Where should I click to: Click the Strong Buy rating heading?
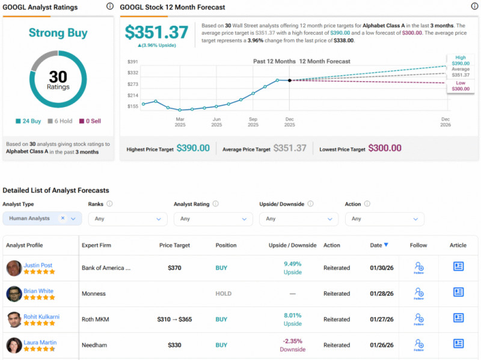pos(58,34)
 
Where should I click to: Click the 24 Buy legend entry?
pos(28,121)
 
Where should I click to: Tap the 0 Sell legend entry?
pos(90,121)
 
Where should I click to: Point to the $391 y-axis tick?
pos(132,62)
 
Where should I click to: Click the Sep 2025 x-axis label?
pos(253,122)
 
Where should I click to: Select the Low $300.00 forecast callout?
pos(461,85)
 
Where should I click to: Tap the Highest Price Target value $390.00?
pos(193,148)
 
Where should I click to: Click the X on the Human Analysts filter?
pos(63,219)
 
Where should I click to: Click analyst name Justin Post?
pos(40,264)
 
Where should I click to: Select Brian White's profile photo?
pos(14,293)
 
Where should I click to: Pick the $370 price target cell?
pos(174,268)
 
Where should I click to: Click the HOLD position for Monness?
pos(224,294)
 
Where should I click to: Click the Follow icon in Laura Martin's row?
pos(418,345)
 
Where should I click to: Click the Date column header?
pos(379,245)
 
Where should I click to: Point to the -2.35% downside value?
pos(292,341)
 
